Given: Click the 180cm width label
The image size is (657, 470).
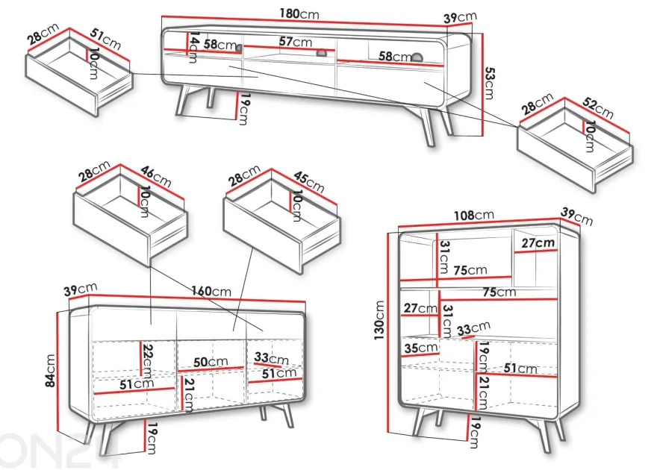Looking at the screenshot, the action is pos(299,14).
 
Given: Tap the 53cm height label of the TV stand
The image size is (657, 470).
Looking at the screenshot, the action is pos(489,84).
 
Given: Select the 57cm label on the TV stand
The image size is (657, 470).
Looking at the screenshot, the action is pos(296,42).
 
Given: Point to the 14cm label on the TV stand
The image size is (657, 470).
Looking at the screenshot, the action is pos(193,47).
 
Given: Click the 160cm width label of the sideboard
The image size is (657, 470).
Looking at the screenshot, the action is pos(211,290).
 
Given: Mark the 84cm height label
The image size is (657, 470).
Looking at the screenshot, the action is pos(50,370).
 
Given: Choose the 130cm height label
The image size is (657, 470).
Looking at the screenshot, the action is pos(379,320).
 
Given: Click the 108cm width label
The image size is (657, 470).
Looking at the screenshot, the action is pos(474,216).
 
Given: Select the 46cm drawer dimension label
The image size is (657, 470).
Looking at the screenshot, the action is pos(156,177).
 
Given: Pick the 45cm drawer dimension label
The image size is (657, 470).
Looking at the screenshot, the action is pos(309,181).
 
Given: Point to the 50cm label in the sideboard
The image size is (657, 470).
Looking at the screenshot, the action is pos(211,362).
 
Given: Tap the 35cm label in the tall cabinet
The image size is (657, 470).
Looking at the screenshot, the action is pos(421,348).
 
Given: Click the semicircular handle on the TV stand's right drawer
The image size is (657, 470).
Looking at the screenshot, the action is pos(417,57).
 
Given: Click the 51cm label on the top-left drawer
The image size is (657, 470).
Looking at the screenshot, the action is pos(105,39).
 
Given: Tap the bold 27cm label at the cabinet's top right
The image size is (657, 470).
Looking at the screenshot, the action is pos(538,242).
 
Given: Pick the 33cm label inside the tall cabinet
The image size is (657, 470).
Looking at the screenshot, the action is pos(473,328).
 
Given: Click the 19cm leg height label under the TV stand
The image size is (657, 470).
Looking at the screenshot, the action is pos(244,109).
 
